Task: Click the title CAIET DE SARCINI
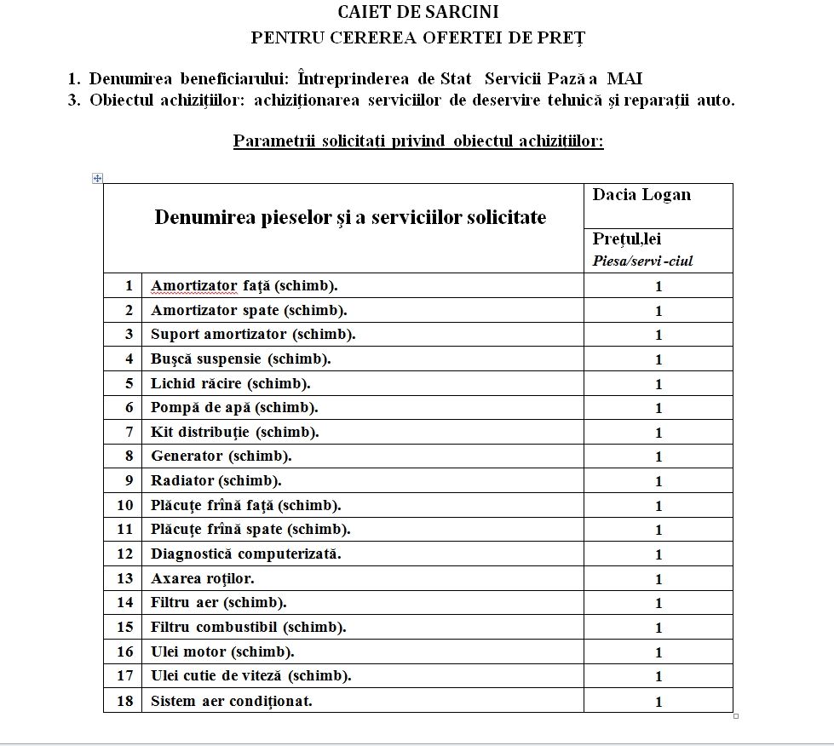coord(417,12)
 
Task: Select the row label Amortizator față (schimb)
coord(250,286)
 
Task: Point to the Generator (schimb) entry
coord(221,456)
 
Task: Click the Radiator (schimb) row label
coord(216,480)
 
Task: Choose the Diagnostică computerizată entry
coord(245,554)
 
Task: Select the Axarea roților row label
coord(202,578)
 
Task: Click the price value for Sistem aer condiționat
coord(659,702)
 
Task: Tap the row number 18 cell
coord(125,701)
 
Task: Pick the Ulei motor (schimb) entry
coord(222,651)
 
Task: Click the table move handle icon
coord(97,178)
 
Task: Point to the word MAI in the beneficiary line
coord(624,79)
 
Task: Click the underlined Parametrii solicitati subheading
coord(417,141)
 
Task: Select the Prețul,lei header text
coord(627,240)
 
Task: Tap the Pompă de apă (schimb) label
coord(234,408)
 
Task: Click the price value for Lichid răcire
coord(659,384)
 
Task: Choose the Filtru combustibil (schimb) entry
coord(248,627)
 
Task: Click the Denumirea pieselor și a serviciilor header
coord(350,217)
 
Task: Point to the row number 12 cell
coord(125,554)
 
